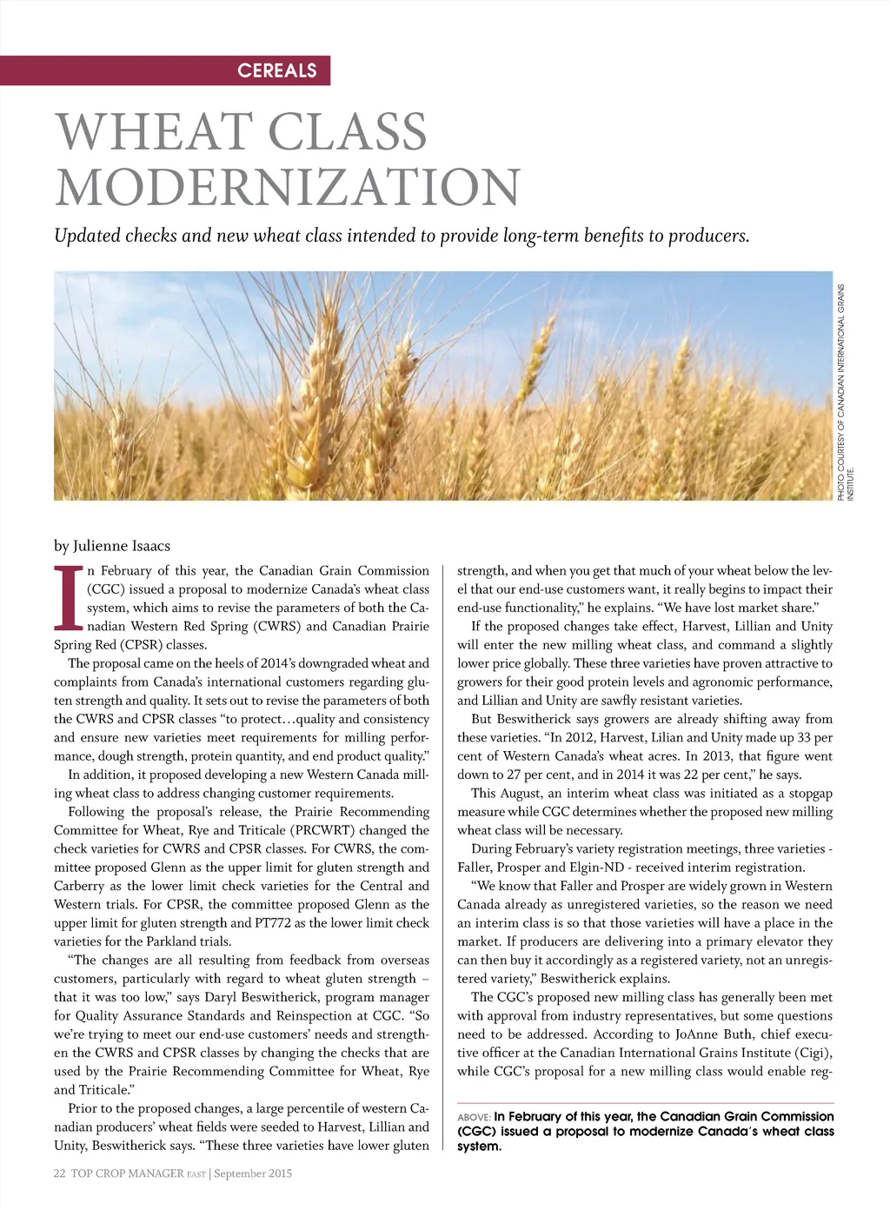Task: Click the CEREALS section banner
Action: (277, 70)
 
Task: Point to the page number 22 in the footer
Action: (60, 1173)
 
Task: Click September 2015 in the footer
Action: (253, 1173)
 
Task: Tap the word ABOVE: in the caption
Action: (474, 1117)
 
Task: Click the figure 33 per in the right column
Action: (811, 738)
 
